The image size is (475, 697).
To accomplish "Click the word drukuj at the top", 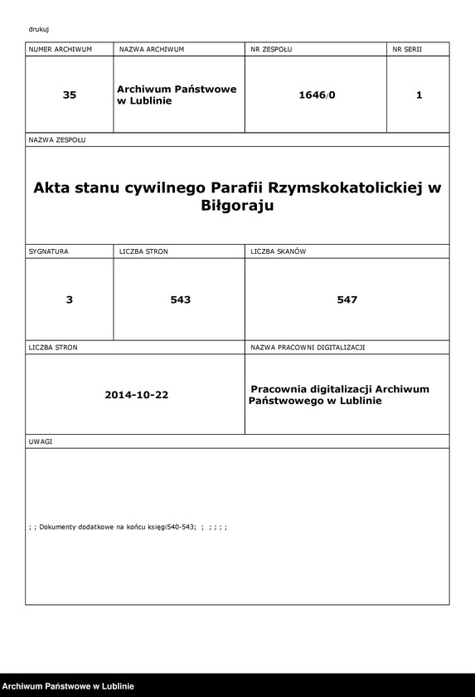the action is click(x=38, y=29).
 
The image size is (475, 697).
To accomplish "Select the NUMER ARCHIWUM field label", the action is click(x=60, y=50).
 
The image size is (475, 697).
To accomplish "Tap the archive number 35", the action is click(x=70, y=95).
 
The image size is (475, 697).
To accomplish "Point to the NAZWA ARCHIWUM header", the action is click(x=152, y=50).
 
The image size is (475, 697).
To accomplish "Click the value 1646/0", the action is click(x=317, y=95).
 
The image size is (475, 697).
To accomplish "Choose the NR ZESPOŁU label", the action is click(x=271, y=50).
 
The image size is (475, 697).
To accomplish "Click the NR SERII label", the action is click(x=407, y=50).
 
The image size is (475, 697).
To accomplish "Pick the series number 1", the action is click(x=419, y=95).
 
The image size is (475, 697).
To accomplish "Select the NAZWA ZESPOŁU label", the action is click(x=57, y=140).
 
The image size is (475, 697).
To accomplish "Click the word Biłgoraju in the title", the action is click(x=237, y=207).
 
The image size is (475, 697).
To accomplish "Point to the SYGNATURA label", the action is click(x=49, y=251).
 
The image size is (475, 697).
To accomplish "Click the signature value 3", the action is click(x=70, y=300).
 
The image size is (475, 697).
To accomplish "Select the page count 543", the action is click(x=180, y=300).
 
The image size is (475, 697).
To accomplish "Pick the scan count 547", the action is click(x=347, y=300).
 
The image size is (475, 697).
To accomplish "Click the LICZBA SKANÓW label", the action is click(x=279, y=251).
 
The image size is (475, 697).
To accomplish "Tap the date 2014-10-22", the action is click(x=137, y=395).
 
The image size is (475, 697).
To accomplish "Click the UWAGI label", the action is click(x=41, y=441).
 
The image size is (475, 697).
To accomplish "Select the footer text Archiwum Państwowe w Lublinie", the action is click(x=68, y=686).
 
